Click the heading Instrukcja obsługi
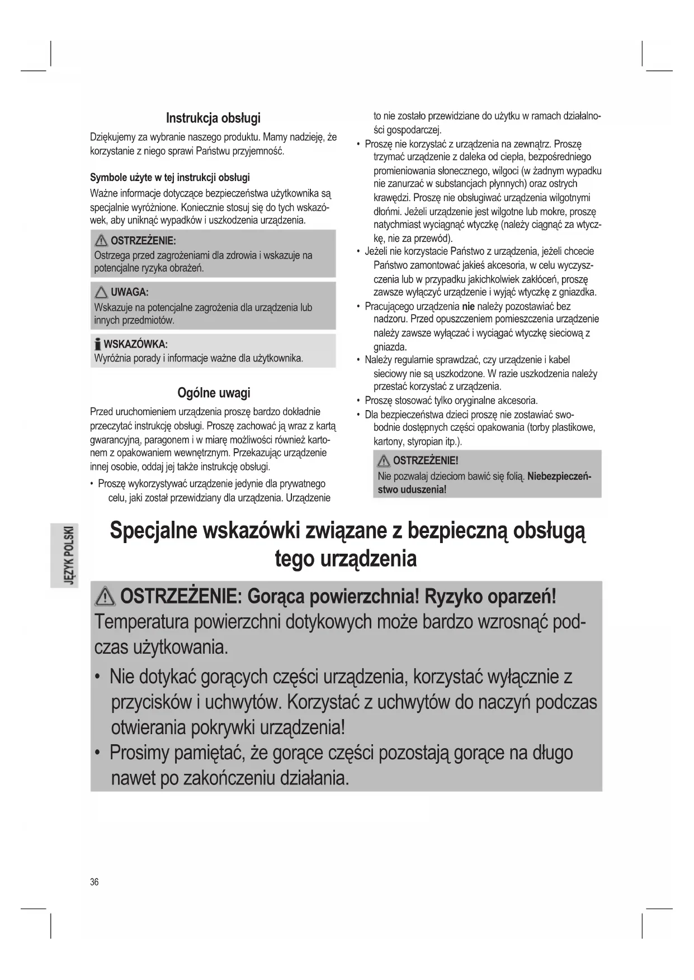point(213,118)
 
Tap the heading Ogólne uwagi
point(214,393)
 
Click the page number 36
point(94,882)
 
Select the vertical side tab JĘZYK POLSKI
point(68,555)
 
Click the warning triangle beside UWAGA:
point(101,292)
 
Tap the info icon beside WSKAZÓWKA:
point(98,344)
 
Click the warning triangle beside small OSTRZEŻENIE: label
point(101,241)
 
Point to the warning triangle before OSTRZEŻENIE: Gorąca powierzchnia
point(106,598)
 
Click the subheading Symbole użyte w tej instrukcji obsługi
point(170,178)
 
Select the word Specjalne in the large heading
point(154,531)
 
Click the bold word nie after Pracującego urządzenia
point(468,306)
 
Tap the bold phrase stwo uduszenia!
point(412,490)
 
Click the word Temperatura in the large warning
point(145,622)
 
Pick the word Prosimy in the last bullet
point(139,753)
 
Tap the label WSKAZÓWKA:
point(136,344)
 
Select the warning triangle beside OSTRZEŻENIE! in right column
point(384,461)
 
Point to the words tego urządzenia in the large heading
point(346,559)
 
